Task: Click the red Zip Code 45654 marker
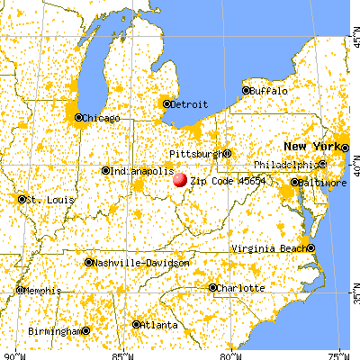tap(180, 180)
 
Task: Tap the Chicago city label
tap(101, 117)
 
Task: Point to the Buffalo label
tap(270, 91)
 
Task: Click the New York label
tap(311, 146)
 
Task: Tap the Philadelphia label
tap(284, 165)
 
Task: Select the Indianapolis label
tap(140, 171)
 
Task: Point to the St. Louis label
tap(44, 199)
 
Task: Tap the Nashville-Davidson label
tap(142, 263)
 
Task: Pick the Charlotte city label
tap(242, 288)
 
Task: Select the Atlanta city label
tap(160, 325)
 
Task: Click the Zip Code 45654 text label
tap(223, 181)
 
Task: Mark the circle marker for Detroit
tap(166, 103)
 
